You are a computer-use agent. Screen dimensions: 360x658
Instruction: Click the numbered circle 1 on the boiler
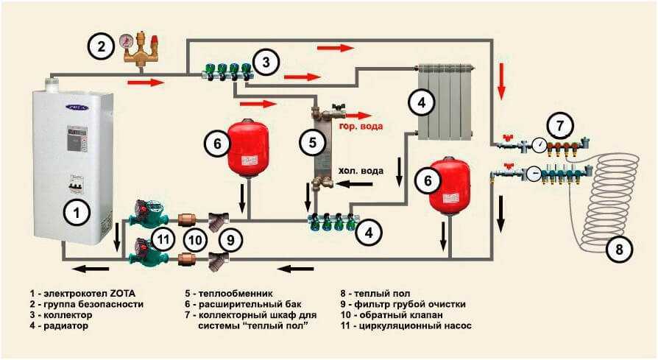[74, 213]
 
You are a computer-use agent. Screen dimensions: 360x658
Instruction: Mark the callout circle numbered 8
[619, 250]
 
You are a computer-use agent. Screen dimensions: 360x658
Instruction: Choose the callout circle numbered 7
[561, 124]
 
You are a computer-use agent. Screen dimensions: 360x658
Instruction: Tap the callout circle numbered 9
[230, 239]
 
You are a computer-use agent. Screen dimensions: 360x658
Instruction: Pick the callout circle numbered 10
[194, 239]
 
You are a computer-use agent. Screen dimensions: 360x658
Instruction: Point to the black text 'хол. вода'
[361, 171]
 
